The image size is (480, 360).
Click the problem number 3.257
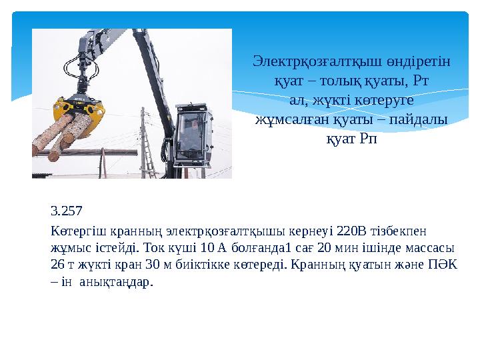tap(66, 213)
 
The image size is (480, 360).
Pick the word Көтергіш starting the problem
tap(72, 231)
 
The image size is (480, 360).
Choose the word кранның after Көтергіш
tap(120, 231)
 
